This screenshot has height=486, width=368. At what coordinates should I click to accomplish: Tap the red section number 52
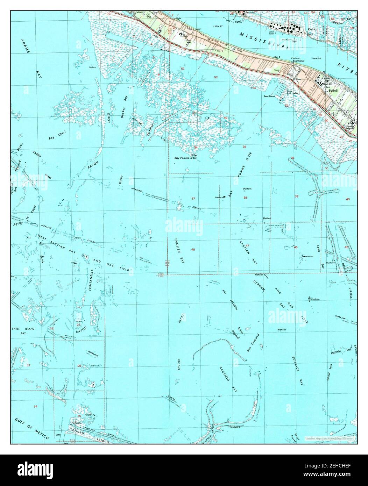[216, 77]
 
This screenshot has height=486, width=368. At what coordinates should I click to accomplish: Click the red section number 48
[193, 249]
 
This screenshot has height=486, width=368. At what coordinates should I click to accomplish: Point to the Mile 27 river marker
[219, 26]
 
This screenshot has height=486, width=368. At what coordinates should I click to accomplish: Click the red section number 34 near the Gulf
[35, 406]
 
